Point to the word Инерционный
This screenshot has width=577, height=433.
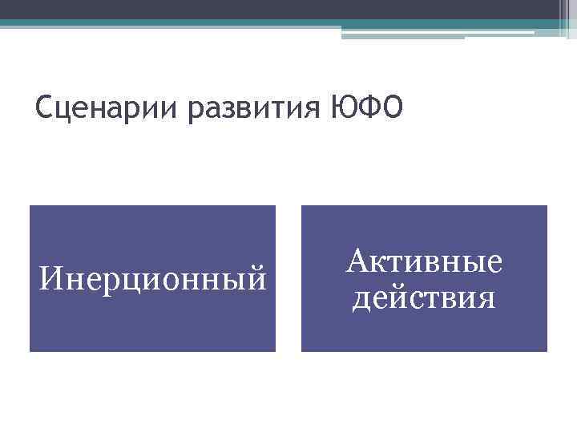pyautogui.click(x=153, y=280)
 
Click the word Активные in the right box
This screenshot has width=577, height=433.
pyautogui.click(x=425, y=261)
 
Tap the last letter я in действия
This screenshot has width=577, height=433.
pyautogui.click(x=485, y=299)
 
